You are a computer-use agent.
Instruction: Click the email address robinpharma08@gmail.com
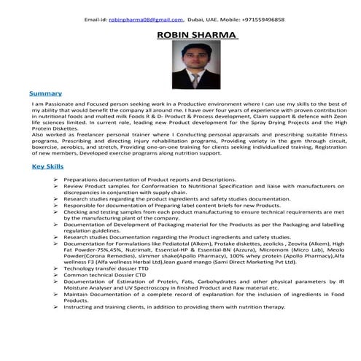point(145,20)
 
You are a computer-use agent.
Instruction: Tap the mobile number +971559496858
point(260,20)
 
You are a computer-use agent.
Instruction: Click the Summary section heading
point(44,94)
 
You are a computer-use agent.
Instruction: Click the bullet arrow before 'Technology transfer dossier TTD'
point(56,268)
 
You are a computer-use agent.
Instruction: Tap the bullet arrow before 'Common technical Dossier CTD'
point(56,275)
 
